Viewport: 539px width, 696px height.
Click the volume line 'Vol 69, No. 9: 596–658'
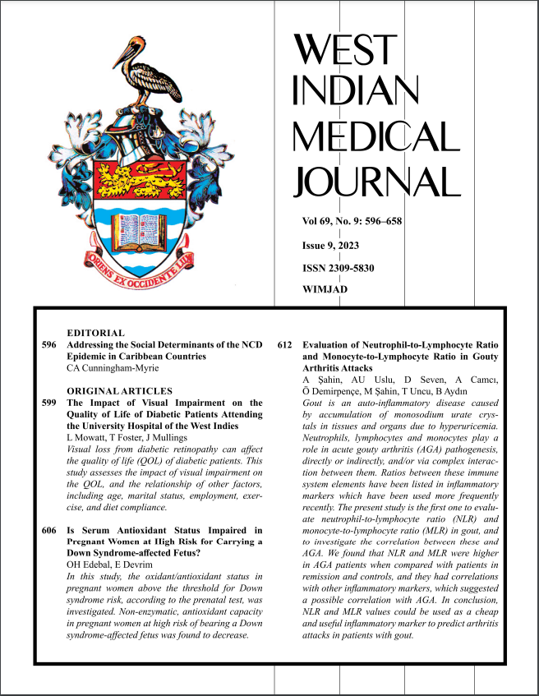[x=352, y=222]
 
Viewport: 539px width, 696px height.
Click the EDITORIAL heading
[x=95, y=333]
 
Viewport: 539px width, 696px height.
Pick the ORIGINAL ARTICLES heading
[x=119, y=390]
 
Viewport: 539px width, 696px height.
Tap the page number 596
[x=48, y=345]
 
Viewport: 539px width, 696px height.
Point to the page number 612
[x=286, y=345]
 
